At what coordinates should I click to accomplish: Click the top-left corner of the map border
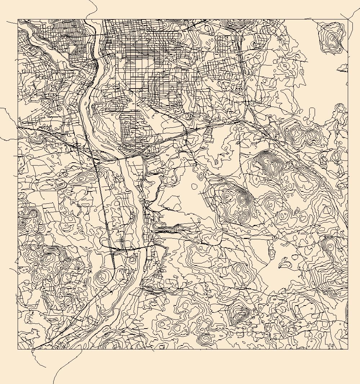18,19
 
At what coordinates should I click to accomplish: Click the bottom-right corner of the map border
348,349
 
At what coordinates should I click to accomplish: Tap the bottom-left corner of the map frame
18,349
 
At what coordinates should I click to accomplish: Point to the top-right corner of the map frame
348,19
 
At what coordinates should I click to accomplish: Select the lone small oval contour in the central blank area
194,186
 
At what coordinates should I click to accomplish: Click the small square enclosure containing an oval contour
132,259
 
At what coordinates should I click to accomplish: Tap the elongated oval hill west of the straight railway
81,178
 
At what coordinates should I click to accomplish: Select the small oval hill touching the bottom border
206,339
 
